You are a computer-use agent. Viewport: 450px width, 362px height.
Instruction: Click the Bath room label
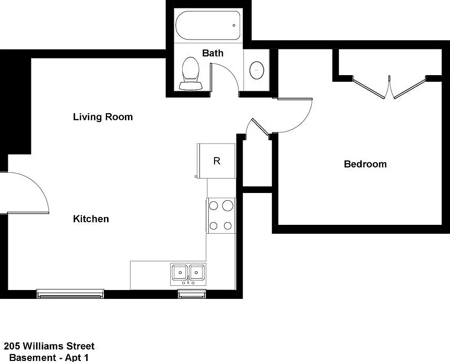coord(212,53)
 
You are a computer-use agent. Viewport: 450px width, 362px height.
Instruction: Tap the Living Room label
coord(103,117)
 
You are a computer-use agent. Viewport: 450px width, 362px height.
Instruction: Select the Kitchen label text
coord(91,219)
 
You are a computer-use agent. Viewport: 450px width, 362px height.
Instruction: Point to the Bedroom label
coord(365,164)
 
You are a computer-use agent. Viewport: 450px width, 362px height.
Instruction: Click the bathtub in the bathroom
coord(208,26)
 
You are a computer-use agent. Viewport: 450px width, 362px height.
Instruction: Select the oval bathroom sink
coord(256,70)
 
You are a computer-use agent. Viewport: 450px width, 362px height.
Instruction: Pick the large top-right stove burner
coord(228,206)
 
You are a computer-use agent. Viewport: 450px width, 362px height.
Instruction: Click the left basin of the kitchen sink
coord(180,272)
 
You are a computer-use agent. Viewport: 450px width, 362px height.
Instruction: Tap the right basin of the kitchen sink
coord(197,272)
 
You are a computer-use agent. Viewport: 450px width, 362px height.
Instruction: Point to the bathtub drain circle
coord(234,25)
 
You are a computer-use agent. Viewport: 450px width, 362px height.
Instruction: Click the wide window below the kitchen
coord(70,294)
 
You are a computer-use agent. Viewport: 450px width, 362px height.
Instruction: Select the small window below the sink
coord(192,294)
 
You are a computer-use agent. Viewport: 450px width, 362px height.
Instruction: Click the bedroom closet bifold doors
coord(389,87)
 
